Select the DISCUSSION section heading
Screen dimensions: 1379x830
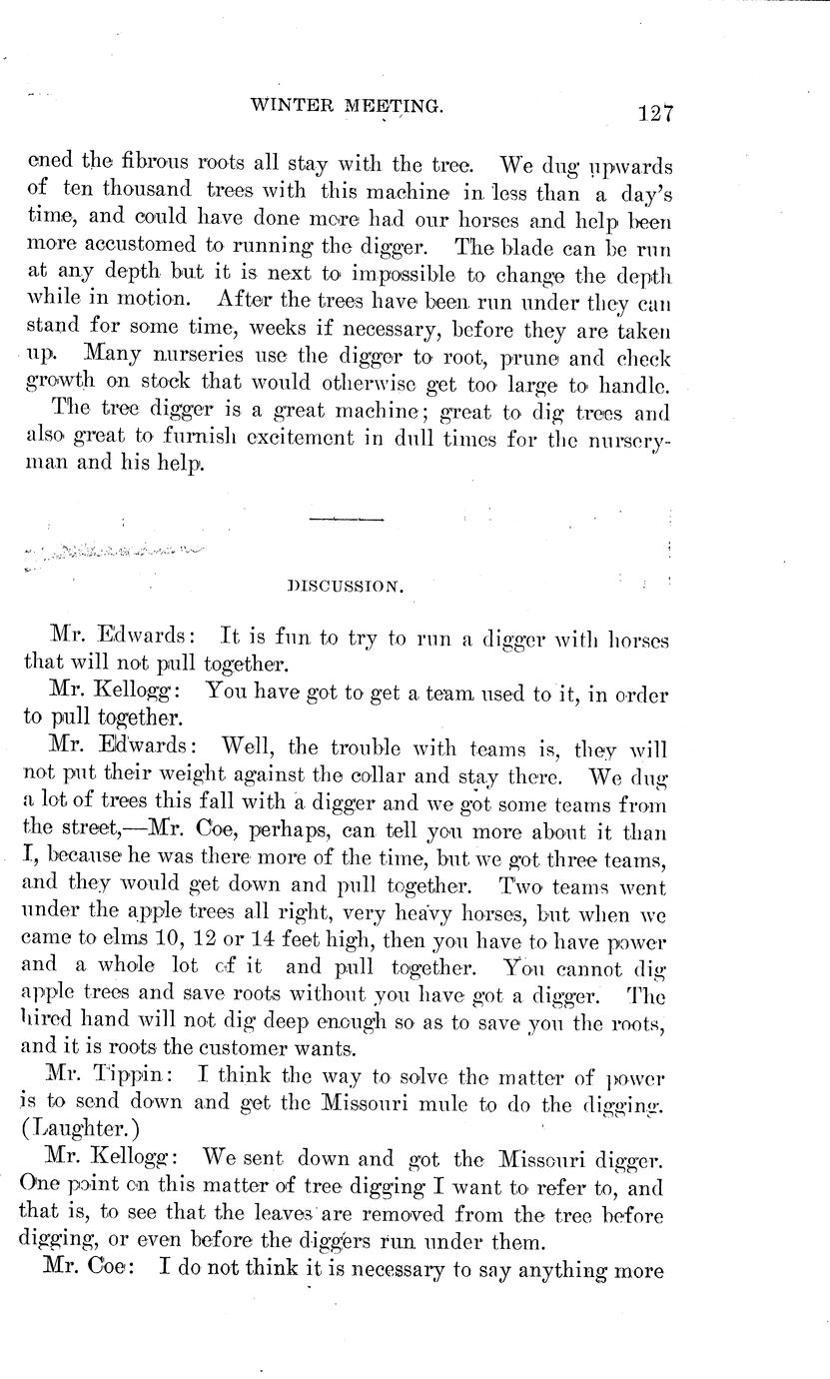345,589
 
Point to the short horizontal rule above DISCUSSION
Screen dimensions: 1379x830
347,520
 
